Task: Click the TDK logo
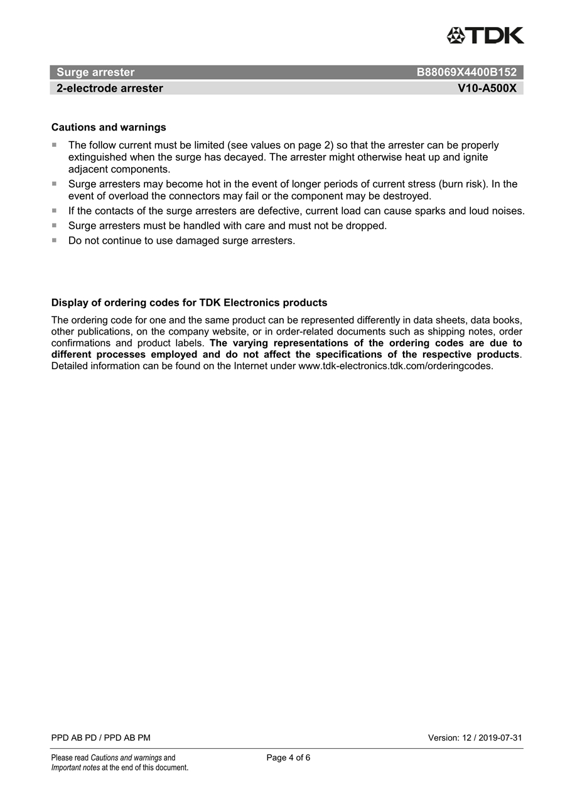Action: (485, 35)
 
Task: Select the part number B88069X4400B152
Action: (466, 72)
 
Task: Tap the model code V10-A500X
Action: (487, 88)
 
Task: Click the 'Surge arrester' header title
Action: (95, 72)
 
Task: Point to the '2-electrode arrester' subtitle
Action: (110, 88)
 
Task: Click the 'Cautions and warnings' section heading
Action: (109, 127)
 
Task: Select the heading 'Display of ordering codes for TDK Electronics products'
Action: (189, 303)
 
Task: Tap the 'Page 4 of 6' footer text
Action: (288, 758)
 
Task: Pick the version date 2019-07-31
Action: (500, 738)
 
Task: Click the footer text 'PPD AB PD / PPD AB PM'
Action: (101, 738)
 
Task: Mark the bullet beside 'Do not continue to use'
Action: (54, 240)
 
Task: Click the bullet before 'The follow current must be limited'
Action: (54, 145)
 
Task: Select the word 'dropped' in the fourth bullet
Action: (365, 225)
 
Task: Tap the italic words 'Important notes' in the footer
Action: (75, 768)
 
